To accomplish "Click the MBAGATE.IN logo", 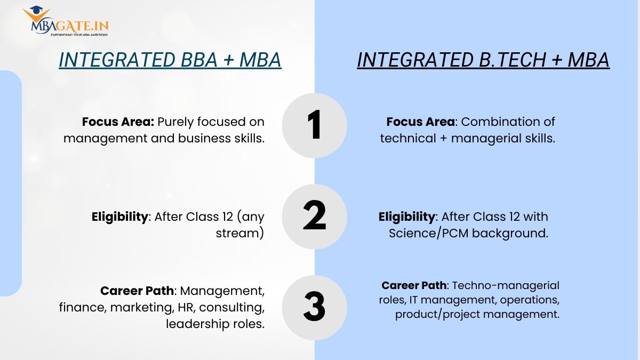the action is click(66, 21).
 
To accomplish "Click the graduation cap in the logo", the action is click(36, 10).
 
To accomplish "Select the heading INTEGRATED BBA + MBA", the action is click(170, 60).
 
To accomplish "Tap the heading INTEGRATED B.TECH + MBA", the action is click(483, 60).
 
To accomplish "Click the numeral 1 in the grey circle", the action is click(314, 125).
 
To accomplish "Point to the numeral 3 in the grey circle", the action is click(314, 306).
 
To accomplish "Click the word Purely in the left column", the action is click(175, 122).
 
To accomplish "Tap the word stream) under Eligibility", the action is click(240, 234).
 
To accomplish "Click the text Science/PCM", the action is click(429, 234).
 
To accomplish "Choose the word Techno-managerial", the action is click(506, 286).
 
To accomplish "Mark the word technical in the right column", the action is click(408, 138).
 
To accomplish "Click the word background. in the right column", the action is click(510, 234).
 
